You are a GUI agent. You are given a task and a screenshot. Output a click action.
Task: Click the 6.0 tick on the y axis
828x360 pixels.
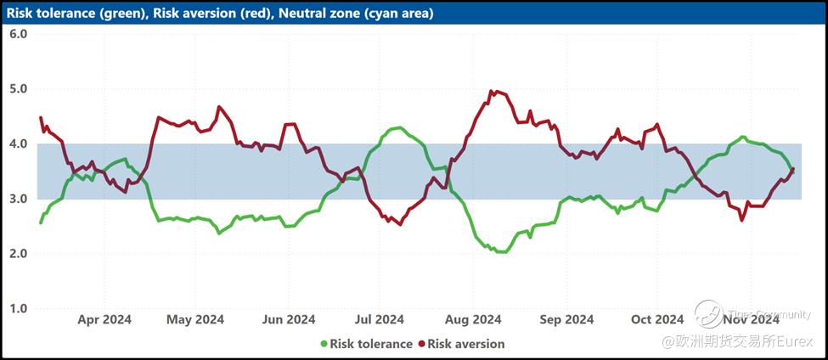(x=19, y=34)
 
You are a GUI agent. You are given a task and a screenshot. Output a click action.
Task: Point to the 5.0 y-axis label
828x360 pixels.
(x=19, y=89)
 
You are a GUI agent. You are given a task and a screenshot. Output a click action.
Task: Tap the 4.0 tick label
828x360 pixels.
(x=19, y=144)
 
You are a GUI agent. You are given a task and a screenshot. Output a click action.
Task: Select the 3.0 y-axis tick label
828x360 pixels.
(x=19, y=200)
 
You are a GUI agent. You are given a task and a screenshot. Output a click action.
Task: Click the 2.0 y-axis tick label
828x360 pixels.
(x=19, y=254)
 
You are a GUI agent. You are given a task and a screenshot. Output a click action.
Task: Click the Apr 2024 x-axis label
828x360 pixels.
(x=104, y=319)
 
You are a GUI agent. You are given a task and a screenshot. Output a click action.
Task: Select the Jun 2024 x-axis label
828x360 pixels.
(x=289, y=319)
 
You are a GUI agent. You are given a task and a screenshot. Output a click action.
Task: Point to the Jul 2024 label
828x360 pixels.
(x=379, y=319)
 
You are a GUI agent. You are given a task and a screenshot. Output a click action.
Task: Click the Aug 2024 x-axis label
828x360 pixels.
(x=473, y=319)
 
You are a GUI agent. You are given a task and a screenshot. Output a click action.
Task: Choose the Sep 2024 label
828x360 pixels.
(x=566, y=319)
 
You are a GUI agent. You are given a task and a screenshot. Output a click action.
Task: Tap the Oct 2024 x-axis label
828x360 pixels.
(x=657, y=319)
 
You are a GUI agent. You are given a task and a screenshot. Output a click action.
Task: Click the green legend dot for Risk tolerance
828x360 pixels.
(x=324, y=344)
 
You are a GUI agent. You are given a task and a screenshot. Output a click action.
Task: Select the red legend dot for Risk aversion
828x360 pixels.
(x=421, y=344)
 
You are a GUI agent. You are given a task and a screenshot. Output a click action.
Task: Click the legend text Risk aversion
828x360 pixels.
(x=466, y=344)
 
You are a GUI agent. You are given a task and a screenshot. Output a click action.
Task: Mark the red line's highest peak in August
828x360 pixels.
(x=493, y=91)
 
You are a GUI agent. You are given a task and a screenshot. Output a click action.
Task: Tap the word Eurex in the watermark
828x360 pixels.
(x=800, y=341)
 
